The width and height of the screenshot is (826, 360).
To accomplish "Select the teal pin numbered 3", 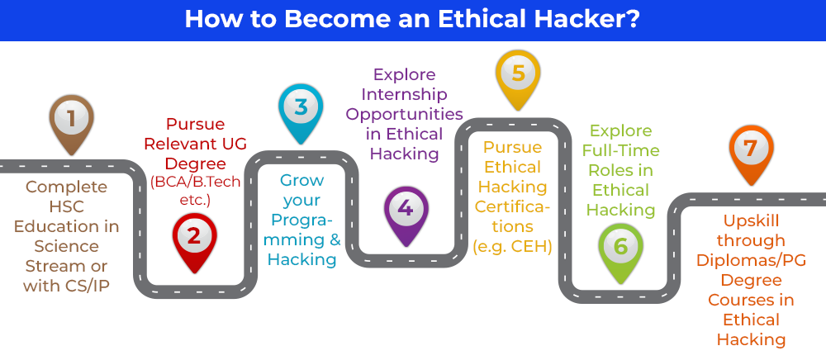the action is (301, 113).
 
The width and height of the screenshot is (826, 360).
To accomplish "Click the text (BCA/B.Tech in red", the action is (195, 182).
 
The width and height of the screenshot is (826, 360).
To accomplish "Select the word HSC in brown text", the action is (66, 207).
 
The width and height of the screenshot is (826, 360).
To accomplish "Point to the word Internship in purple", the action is (404, 94).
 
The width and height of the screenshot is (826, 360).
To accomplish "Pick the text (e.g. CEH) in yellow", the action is (512, 246).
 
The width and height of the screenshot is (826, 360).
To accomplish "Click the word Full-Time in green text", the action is (620, 150).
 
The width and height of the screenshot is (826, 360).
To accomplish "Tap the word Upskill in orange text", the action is (751, 220).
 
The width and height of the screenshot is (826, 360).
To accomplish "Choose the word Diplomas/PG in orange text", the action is (751, 260).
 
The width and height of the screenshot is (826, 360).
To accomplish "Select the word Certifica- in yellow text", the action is (513, 207).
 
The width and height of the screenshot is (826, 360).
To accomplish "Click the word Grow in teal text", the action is (301, 180).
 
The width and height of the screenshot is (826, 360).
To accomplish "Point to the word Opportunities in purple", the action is (404, 114).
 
